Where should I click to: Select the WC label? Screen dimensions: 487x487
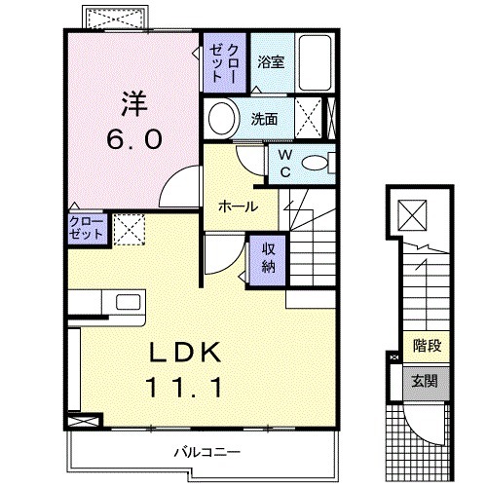pyautogui.click(x=284, y=162)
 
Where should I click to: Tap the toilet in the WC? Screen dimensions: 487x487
pyautogui.click(x=315, y=163)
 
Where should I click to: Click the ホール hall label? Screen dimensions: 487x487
pyautogui.click(x=238, y=206)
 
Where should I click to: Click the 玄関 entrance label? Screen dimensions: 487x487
pyautogui.click(x=426, y=380)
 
